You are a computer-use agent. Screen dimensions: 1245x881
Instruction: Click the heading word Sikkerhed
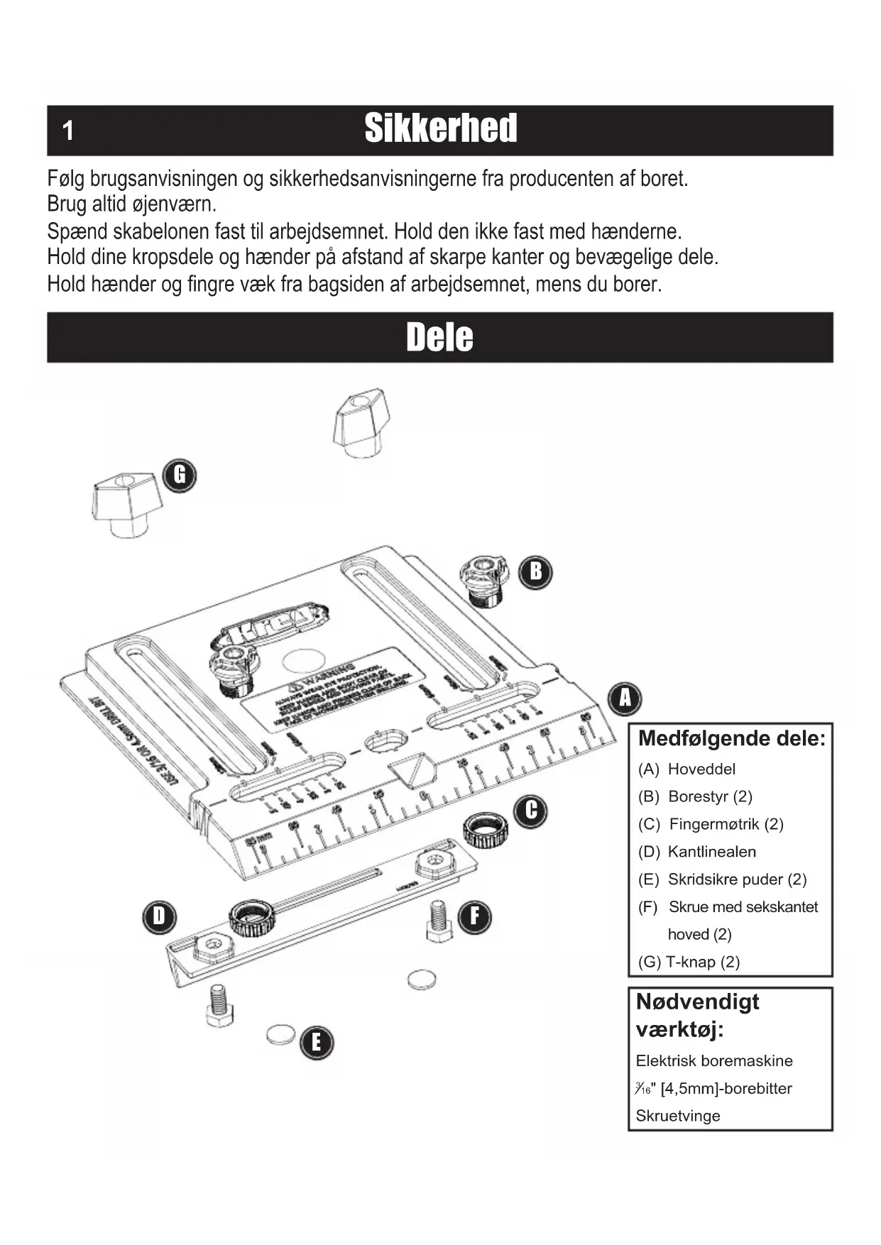coord(441,128)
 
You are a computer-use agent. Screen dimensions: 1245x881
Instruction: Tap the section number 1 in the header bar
coord(68,131)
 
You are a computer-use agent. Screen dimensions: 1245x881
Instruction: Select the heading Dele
coord(439,337)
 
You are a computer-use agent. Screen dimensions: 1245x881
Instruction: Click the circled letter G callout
coord(180,475)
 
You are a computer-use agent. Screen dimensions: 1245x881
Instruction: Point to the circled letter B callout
coord(535,571)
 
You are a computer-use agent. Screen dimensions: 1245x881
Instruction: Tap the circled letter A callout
coord(625,698)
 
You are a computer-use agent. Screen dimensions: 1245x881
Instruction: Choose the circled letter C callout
coord(531,811)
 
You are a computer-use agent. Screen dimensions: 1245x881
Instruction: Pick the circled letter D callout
coord(159,916)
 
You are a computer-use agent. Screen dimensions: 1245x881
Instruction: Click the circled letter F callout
coord(474,916)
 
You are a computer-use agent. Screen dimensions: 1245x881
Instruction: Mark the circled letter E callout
coord(316,1042)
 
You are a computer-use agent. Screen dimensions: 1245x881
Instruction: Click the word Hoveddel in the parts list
coord(701,769)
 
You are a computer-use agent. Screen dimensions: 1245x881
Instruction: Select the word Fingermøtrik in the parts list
coord(714,824)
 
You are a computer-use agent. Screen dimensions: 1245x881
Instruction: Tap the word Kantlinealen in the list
coord(711,852)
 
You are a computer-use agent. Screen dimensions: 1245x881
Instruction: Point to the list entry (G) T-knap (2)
coord(689,962)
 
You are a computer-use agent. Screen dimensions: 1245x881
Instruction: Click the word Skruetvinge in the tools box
coord(678,1116)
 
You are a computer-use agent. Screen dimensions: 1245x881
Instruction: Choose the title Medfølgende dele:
coord(731,738)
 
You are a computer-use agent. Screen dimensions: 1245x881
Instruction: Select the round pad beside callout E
coord(280,1033)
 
